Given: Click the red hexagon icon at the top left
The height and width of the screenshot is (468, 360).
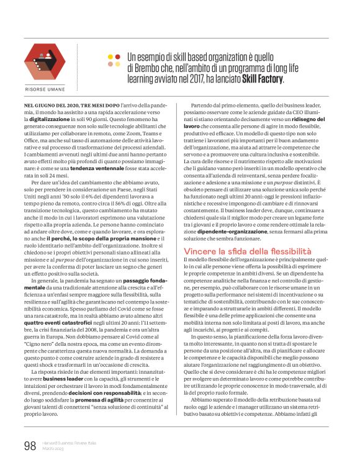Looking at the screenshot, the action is tap(44, 60).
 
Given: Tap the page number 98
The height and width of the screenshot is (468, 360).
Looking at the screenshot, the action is tap(30, 446).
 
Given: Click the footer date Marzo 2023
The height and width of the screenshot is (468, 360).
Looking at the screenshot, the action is tap(53, 449).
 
